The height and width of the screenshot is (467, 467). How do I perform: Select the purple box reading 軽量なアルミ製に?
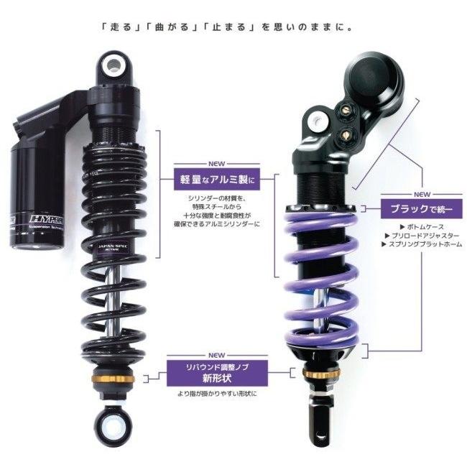tap(216, 176)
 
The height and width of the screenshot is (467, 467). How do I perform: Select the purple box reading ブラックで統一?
tap(420, 208)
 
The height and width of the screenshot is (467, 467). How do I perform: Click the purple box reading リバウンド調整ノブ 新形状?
tap(217, 373)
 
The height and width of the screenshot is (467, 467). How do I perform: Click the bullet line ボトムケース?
tap(413, 225)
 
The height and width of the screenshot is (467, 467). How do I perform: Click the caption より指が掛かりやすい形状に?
tap(217, 394)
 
